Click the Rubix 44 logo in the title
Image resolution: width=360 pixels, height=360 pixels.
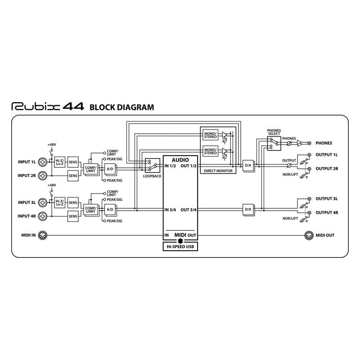click(x=48, y=107)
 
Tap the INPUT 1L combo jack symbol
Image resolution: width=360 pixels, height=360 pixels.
click(x=42, y=162)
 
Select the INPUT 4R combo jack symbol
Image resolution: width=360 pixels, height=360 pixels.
click(x=42, y=216)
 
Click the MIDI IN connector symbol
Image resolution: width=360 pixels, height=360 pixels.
click(x=42, y=235)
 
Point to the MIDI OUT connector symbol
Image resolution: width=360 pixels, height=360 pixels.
click(x=309, y=235)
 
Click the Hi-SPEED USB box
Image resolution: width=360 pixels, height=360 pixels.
click(x=180, y=247)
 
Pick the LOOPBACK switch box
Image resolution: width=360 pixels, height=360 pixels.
click(x=153, y=165)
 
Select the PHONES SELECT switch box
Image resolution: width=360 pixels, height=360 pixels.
click(x=274, y=144)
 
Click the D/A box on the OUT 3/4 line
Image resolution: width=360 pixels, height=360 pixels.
click(x=248, y=210)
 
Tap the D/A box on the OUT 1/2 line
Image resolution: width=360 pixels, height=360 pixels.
click(x=248, y=166)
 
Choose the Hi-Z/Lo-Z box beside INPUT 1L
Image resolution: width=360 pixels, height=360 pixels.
click(x=59, y=162)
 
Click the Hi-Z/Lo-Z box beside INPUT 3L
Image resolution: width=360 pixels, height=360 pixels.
click(x=59, y=203)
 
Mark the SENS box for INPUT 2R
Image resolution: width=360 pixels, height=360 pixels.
click(x=73, y=176)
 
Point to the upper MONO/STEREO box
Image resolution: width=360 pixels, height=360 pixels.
click(x=210, y=135)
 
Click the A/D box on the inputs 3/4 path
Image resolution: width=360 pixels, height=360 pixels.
click(x=110, y=210)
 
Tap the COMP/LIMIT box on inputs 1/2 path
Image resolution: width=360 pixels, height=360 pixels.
click(x=91, y=170)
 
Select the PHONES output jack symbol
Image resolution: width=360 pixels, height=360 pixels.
click(x=309, y=143)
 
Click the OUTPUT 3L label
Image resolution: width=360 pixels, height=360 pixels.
click(x=327, y=199)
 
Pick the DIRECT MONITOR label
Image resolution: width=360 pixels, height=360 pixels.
click(x=218, y=171)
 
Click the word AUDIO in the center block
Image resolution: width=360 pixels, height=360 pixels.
click(x=180, y=160)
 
